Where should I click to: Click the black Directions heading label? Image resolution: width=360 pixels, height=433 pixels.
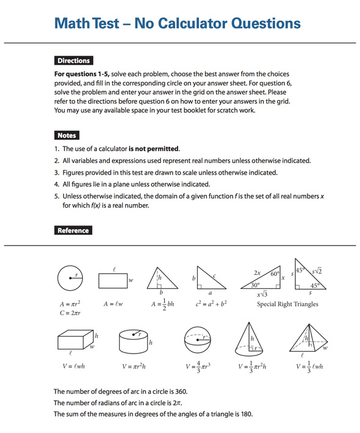(x=74, y=60)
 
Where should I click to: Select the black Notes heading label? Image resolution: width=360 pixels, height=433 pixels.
(x=67, y=136)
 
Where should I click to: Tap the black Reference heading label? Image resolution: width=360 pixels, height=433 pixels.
(x=73, y=230)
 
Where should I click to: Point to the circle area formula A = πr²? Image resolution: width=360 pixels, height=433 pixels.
(x=70, y=304)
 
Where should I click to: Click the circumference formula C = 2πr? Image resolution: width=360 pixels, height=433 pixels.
(x=70, y=313)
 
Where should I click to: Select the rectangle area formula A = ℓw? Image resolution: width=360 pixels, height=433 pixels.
(x=113, y=304)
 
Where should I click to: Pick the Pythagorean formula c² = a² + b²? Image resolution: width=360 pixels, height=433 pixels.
(x=211, y=304)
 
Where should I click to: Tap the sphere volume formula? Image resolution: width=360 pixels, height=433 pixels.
(x=198, y=366)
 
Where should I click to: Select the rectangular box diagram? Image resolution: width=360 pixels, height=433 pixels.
(x=76, y=340)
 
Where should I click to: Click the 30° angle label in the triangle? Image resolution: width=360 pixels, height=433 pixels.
(x=255, y=285)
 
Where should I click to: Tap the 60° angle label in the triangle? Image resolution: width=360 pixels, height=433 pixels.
(x=275, y=274)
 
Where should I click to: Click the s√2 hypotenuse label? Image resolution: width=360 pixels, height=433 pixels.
(x=317, y=271)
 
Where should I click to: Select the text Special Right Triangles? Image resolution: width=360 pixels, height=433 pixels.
(x=287, y=304)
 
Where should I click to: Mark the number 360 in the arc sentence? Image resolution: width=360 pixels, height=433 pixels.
(x=181, y=391)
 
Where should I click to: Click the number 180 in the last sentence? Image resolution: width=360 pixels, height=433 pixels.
(x=246, y=414)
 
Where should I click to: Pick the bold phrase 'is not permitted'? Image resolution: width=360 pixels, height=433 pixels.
(x=154, y=148)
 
